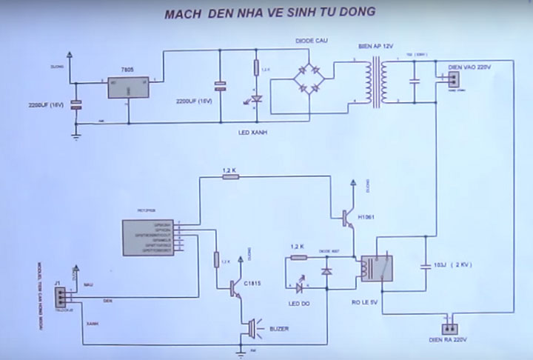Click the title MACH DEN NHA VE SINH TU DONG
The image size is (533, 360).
tap(270, 12)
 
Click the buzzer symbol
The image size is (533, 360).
tap(252, 327)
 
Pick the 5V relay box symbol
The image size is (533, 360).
tap(376, 267)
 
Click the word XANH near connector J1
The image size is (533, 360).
tap(93, 324)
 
